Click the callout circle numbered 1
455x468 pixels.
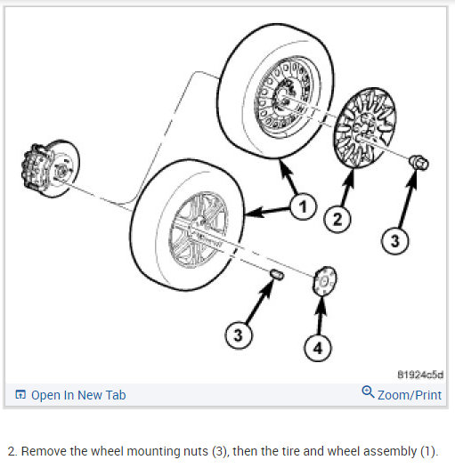[x=303, y=206]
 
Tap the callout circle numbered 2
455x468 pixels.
[x=337, y=220]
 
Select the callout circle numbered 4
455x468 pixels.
[x=318, y=348]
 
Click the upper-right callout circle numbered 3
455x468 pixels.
[x=394, y=240]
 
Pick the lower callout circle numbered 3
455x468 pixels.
[x=238, y=335]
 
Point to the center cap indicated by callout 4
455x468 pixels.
[x=324, y=281]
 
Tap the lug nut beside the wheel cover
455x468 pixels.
[x=418, y=163]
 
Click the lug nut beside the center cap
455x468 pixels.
[x=277, y=274]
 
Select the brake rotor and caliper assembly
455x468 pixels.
[x=50, y=169]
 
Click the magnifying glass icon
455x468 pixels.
[x=368, y=391]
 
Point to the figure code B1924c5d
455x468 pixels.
[x=420, y=375]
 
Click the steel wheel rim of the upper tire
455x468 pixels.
[x=287, y=97]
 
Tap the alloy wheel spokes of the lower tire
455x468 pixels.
[x=199, y=230]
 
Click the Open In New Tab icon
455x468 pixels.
[x=20, y=394]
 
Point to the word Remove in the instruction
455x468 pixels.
[x=44, y=451]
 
